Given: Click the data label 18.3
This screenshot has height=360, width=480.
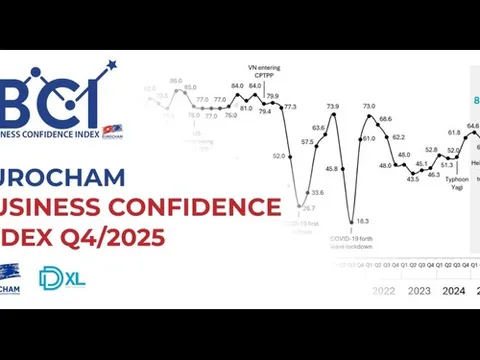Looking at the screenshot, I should [x=362, y=221].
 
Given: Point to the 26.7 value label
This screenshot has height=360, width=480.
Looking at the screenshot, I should [x=309, y=207].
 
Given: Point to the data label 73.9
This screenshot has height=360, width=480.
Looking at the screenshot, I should [x=332, y=106].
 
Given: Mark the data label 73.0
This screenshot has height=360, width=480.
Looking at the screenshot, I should [x=369, y=105].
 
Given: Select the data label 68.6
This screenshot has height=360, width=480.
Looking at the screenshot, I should [x=385, y=118].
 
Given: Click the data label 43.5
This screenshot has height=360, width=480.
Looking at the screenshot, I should [x=412, y=179].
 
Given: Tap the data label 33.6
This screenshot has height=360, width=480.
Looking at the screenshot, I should [x=317, y=191].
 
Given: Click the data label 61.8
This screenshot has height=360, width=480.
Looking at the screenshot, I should [x=454, y=131].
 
